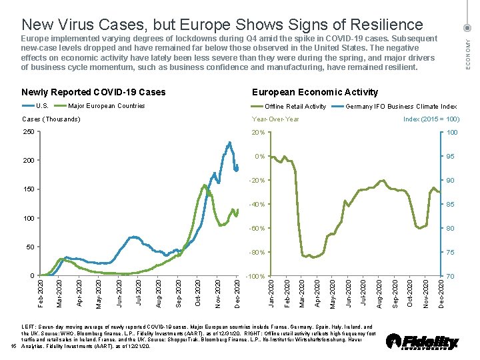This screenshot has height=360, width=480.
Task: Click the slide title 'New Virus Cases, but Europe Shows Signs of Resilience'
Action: (x=222, y=25)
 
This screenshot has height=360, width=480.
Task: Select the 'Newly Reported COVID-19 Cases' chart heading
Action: (x=93, y=92)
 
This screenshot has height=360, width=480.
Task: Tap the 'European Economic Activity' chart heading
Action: (x=315, y=92)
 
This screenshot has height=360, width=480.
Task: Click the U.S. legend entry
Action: (x=36, y=106)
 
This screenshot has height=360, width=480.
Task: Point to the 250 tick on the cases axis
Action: (x=27, y=132)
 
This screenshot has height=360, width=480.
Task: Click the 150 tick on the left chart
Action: (x=27, y=189)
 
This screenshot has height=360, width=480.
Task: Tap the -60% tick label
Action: (x=257, y=229)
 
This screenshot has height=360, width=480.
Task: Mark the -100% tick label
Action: (x=255, y=276)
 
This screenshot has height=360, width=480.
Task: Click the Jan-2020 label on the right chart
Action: (x=270, y=294)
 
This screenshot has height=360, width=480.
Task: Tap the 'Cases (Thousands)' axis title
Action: (x=51, y=119)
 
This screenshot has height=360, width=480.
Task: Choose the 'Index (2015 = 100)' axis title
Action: (x=431, y=119)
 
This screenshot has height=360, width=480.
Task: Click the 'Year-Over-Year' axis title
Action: (x=275, y=119)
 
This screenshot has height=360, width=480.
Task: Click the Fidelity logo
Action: (x=423, y=341)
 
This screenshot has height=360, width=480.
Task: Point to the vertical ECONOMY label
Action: (x=468, y=53)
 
